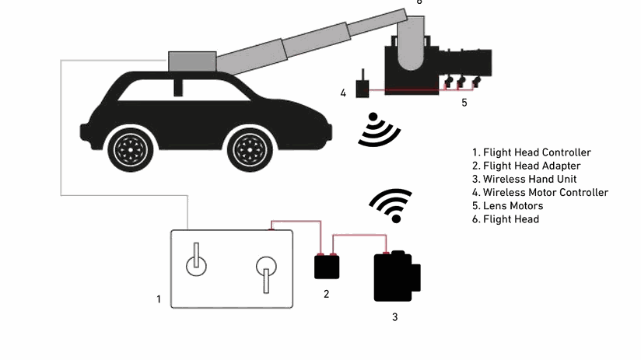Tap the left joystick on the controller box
[x=196, y=261]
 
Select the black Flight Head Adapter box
[x=327, y=266]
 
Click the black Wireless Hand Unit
[x=396, y=276]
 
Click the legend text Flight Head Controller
[x=537, y=152]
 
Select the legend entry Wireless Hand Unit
[x=530, y=179]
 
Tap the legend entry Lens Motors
[x=513, y=206]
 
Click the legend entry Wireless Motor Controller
[x=545, y=193]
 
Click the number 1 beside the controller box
[x=159, y=299]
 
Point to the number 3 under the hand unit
[x=394, y=316]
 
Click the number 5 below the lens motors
[x=464, y=101]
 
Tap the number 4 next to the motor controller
[x=343, y=93]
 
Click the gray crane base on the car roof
[x=191, y=61]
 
